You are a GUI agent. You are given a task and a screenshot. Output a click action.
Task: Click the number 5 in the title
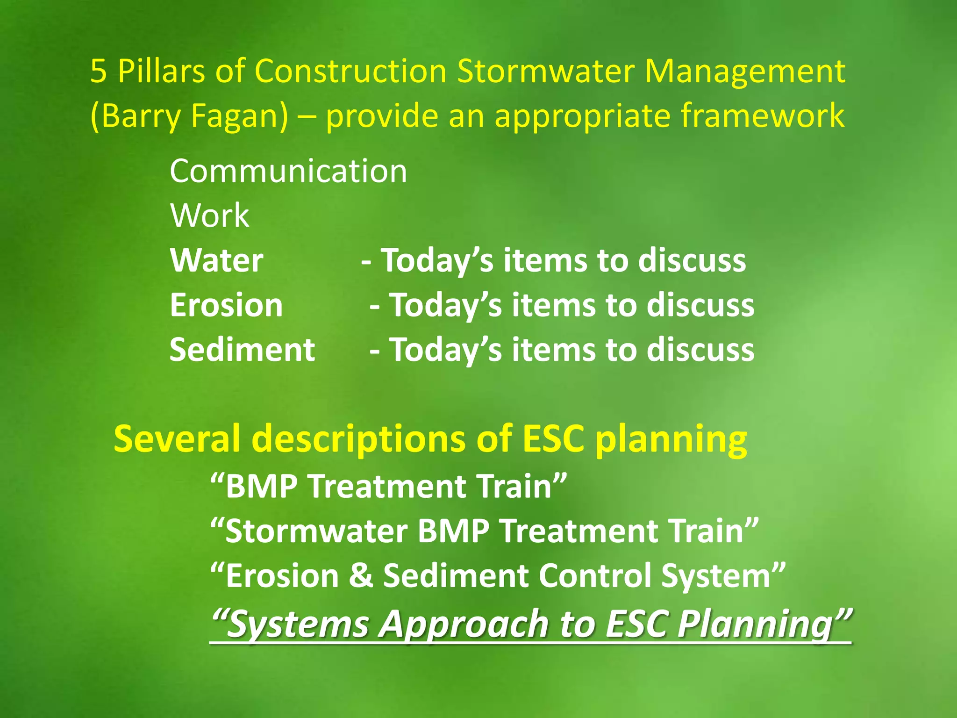[x=99, y=72]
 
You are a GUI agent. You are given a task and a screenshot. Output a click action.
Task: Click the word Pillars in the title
[x=161, y=72]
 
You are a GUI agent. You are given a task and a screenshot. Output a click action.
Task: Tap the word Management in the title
[x=745, y=72]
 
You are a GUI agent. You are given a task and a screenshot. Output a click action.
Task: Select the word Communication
[x=288, y=171]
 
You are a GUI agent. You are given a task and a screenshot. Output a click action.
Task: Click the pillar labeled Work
[x=209, y=216]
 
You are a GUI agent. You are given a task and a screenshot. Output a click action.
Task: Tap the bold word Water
[x=216, y=260]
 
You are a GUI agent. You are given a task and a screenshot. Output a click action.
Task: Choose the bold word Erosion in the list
[x=226, y=305]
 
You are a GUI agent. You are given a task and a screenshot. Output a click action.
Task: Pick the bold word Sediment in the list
[x=242, y=350]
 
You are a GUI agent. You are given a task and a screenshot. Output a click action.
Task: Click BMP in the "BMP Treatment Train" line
[x=262, y=487]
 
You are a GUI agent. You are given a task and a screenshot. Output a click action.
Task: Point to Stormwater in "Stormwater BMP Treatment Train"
[x=317, y=531]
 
